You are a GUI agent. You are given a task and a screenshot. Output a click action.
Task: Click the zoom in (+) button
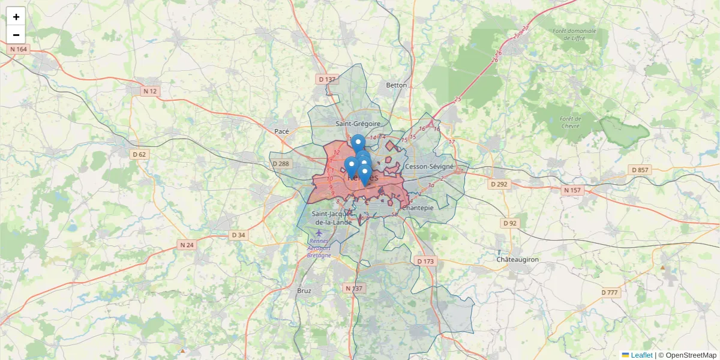tap(16, 17)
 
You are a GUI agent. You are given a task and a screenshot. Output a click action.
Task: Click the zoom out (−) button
tap(16, 35)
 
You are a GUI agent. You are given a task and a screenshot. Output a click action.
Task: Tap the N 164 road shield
tap(19, 49)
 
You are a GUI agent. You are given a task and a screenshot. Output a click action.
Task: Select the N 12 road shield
tap(149, 91)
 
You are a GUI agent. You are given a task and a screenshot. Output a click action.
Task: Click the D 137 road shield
tap(327, 79)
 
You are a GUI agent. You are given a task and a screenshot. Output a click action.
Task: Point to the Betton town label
tap(396, 85)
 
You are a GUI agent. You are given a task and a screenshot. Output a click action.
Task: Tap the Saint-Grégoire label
tap(358, 124)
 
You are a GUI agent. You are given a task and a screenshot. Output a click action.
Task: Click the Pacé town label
tap(281, 131)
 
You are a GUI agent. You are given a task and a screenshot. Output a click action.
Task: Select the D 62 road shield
tap(139, 154)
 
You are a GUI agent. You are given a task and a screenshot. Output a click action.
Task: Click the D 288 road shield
tap(281, 164)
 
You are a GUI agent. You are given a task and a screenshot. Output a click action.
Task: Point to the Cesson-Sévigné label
tap(429, 166)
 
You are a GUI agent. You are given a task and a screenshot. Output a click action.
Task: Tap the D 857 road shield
tap(640, 170)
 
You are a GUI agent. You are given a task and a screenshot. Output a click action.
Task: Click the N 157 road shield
tap(572, 190)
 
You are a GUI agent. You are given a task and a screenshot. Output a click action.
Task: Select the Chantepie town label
tap(418, 208)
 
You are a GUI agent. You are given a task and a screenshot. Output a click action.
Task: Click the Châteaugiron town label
tap(518, 259)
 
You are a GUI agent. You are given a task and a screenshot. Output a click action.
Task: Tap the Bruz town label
tap(304, 290)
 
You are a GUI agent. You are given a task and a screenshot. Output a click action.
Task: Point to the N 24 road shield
tap(187, 245)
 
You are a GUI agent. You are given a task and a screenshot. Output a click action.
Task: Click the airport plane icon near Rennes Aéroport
tap(318, 232)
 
